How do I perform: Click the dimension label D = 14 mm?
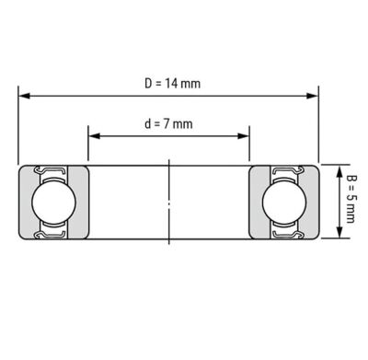172,84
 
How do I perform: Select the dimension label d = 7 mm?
168,124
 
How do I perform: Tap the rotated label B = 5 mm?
351,199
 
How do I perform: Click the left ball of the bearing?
53,202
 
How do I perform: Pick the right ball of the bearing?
284,202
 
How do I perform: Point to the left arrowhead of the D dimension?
24,96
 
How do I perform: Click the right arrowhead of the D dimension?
313,96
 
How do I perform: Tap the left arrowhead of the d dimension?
95,136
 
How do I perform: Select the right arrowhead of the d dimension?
243,136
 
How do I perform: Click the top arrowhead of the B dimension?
339,171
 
